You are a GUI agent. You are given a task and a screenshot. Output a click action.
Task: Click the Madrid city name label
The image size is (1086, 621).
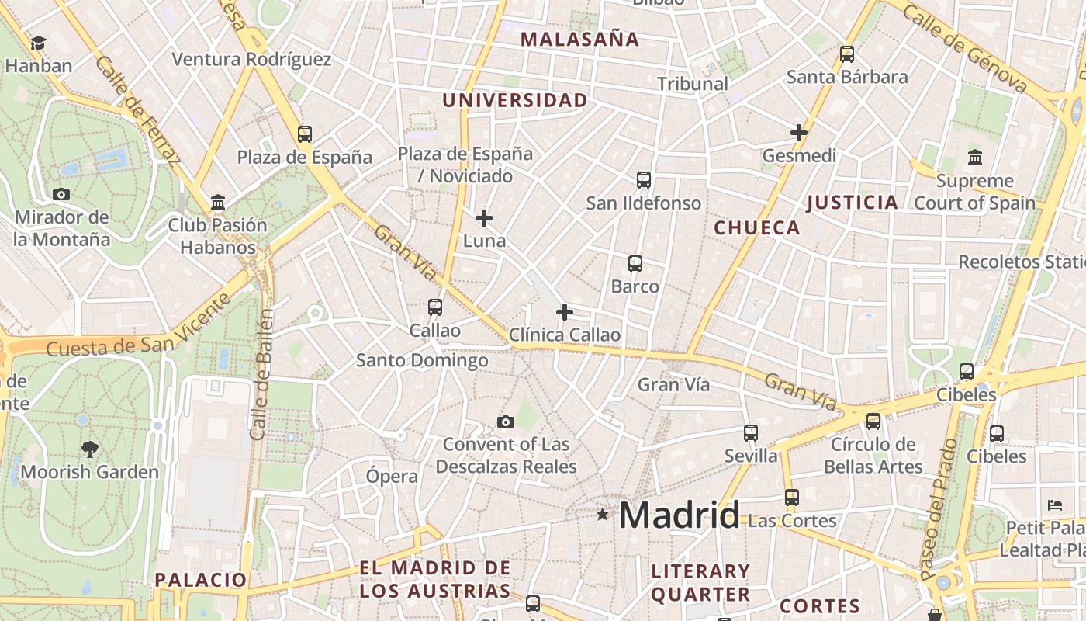click(x=680, y=515)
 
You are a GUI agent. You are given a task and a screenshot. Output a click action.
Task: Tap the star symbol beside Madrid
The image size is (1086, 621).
click(x=603, y=514)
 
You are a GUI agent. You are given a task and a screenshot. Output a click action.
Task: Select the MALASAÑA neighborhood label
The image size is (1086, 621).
click(x=579, y=40)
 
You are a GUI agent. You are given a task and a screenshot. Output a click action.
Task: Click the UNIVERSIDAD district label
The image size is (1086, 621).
click(x=515, y=100)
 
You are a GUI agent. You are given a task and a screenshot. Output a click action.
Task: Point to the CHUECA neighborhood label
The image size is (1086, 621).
click(x=756, y=227)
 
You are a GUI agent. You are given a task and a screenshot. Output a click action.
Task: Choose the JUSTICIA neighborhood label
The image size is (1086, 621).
click(x=852, y=203)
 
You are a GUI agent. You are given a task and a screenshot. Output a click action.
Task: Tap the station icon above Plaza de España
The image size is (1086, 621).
click(x=305, y=134)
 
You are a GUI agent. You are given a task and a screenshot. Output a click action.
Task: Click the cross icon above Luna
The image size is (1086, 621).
click(x=484, y=218)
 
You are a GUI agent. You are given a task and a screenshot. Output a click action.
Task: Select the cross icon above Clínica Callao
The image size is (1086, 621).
click(x=565, y=312)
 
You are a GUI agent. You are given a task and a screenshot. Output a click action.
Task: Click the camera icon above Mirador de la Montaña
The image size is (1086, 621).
click(x=61, y=194)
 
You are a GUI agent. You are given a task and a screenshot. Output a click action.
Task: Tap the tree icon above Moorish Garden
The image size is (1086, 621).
click(x=90, y=448)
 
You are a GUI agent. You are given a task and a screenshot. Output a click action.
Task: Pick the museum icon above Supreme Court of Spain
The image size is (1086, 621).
click(x=975, y=158)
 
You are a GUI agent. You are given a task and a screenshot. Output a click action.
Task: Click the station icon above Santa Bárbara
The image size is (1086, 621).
click(x=847, y=54)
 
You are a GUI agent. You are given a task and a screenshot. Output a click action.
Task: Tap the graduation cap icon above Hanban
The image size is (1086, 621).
click(x=38, y=43)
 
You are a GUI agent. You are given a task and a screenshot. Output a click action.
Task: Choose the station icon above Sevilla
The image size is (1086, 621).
click(x=751, y=432)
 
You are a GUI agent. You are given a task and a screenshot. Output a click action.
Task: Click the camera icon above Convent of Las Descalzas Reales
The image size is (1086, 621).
click(x=506, y=422)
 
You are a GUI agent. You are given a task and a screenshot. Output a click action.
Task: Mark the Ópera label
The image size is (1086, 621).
click(x=392, y=476)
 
